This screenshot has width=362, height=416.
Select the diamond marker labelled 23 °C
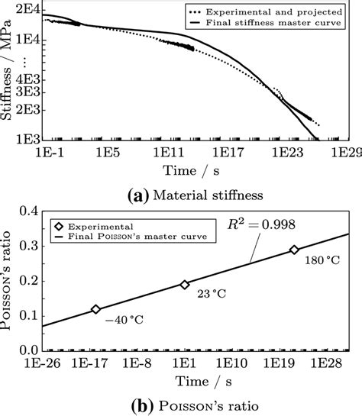tap(184, 285)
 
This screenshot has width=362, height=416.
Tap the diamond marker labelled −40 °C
tap(95, 309)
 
